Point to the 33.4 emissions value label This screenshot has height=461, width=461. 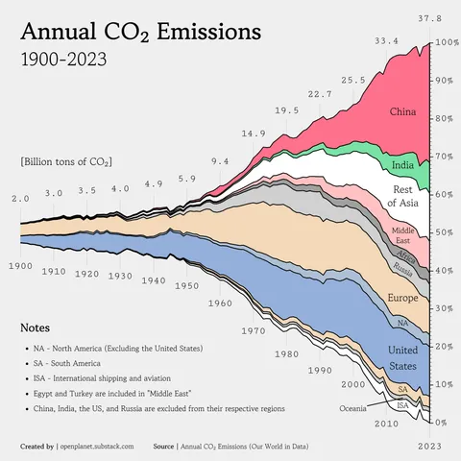(386, 41)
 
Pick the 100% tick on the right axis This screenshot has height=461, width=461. (447, 43)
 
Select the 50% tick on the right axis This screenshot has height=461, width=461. (447, 232)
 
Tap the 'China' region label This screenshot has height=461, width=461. (402, 112)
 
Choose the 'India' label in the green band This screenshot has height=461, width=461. (404, 165)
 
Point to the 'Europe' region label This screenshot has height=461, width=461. (401, 299)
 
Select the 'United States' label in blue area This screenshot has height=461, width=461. (402, 357)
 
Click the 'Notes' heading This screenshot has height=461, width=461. (36, 328)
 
